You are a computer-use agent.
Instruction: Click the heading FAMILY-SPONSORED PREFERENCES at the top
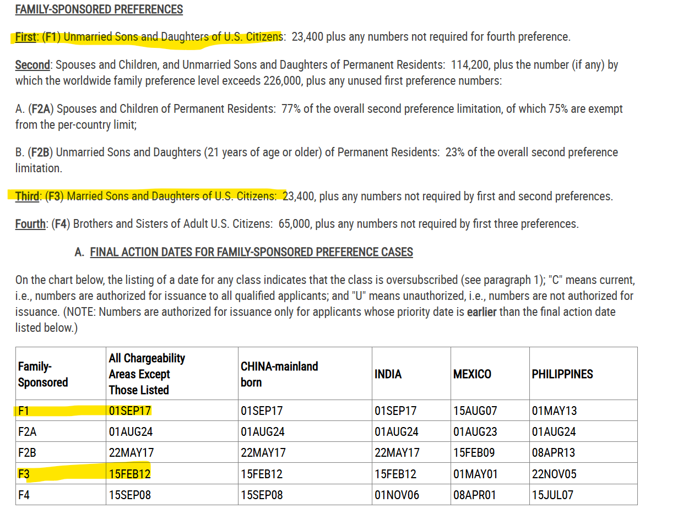pyautogui.click(x=99, y=9)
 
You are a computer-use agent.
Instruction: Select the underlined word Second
pyautogui.click(x=32, y=65)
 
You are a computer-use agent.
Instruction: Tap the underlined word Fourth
pyautogui.click(x=30, y=224)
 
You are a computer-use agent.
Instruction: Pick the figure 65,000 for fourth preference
pyautogui.click(x=292, y=224)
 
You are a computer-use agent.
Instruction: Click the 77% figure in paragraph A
pyautogui.click(x=291, y=109)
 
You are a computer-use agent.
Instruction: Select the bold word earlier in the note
pyautogui.click(x=481, y=312)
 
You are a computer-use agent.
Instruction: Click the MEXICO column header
pyautogui.click(x=472, y=374)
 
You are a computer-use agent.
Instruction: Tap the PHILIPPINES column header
pyautogui.click(x=562, y=374)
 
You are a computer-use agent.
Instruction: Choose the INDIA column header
pyautogui.click(x=388, y=374)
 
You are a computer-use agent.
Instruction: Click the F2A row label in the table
pyautogui.click(x=27, y=432)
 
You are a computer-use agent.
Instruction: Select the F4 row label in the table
pyautogui.click(x=24, y=495)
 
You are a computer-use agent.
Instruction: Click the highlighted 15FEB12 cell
pyautogui.click(x=130, y=474)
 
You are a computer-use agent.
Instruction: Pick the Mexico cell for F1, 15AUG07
pyautogui.click(x=475, y=411)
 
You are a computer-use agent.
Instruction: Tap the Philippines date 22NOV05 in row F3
pyautogui.click(x=554, y=474)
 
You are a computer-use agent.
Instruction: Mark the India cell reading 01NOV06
pyautogui.click(x=397, y=495)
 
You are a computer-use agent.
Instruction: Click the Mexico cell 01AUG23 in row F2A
pyautogui.click(x=475, y=432)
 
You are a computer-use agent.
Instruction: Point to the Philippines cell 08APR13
pyautogui.click(x=553, y=453)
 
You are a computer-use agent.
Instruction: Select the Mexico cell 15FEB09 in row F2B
pyautogui.click(x=474, y=453)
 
